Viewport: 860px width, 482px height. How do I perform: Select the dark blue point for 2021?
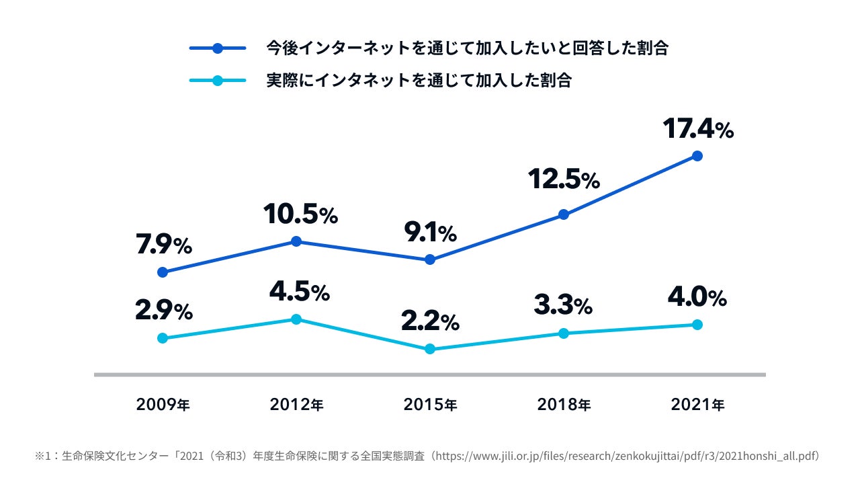697,156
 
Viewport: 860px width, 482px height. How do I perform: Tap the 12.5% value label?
563,179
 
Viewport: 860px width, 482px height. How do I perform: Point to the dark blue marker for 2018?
564,214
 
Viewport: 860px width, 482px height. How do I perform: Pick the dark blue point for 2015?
430,259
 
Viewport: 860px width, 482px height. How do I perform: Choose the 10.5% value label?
300,214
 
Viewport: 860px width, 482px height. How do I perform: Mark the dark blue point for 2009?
162,272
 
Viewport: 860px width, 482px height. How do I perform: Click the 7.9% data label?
164,246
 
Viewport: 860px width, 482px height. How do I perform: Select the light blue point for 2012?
296,319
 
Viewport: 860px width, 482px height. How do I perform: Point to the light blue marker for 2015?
430,349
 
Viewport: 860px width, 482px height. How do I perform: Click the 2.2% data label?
430,321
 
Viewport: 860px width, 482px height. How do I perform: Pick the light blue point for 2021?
697,325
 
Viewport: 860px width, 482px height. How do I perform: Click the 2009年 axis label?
163,405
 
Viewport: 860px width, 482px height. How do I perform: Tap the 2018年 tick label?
564,405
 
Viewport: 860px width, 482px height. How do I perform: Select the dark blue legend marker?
217,48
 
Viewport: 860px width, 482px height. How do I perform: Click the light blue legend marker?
217,81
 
